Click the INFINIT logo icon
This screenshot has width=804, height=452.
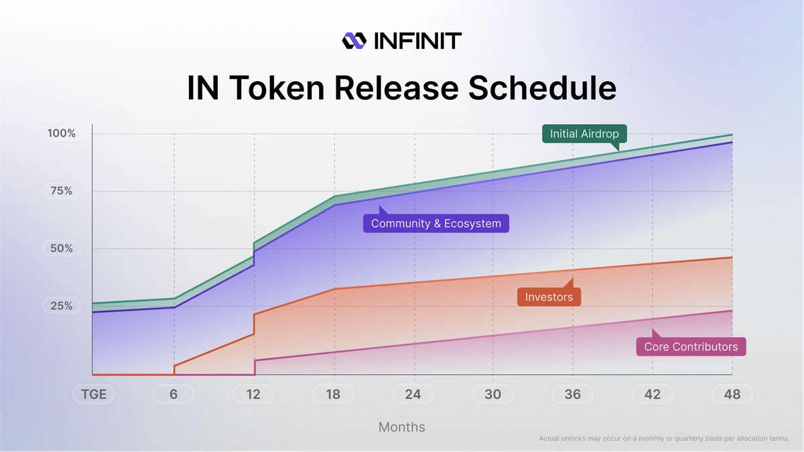tap(354, 41)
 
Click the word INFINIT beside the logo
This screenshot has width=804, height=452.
tap(416, 41)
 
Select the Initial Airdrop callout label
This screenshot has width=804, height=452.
tap(584, 134)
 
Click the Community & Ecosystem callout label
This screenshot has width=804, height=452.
tap(436, 224)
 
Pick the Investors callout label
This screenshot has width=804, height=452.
tap(549, 297)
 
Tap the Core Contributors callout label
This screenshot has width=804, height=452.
tap(691, 346)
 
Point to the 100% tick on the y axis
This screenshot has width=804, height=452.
tap(62, 133)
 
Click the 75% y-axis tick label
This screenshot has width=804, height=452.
tap(62, 191)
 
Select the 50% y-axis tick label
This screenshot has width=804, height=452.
tap(62, 248)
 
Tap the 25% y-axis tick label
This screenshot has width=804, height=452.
tap(62, 306)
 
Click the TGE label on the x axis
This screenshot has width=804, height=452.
tap(94, 394)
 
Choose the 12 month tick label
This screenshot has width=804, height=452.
tap(253, 394)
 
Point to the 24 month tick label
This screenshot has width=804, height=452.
tap(413, 394)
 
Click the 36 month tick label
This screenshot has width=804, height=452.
tap(572, 394)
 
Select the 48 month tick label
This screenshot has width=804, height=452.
tap(732, 394)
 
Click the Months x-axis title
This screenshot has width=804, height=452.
tap(401, 427)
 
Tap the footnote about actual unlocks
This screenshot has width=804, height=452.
tap(664, 439)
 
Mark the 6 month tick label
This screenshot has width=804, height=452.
tap(174, 394)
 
